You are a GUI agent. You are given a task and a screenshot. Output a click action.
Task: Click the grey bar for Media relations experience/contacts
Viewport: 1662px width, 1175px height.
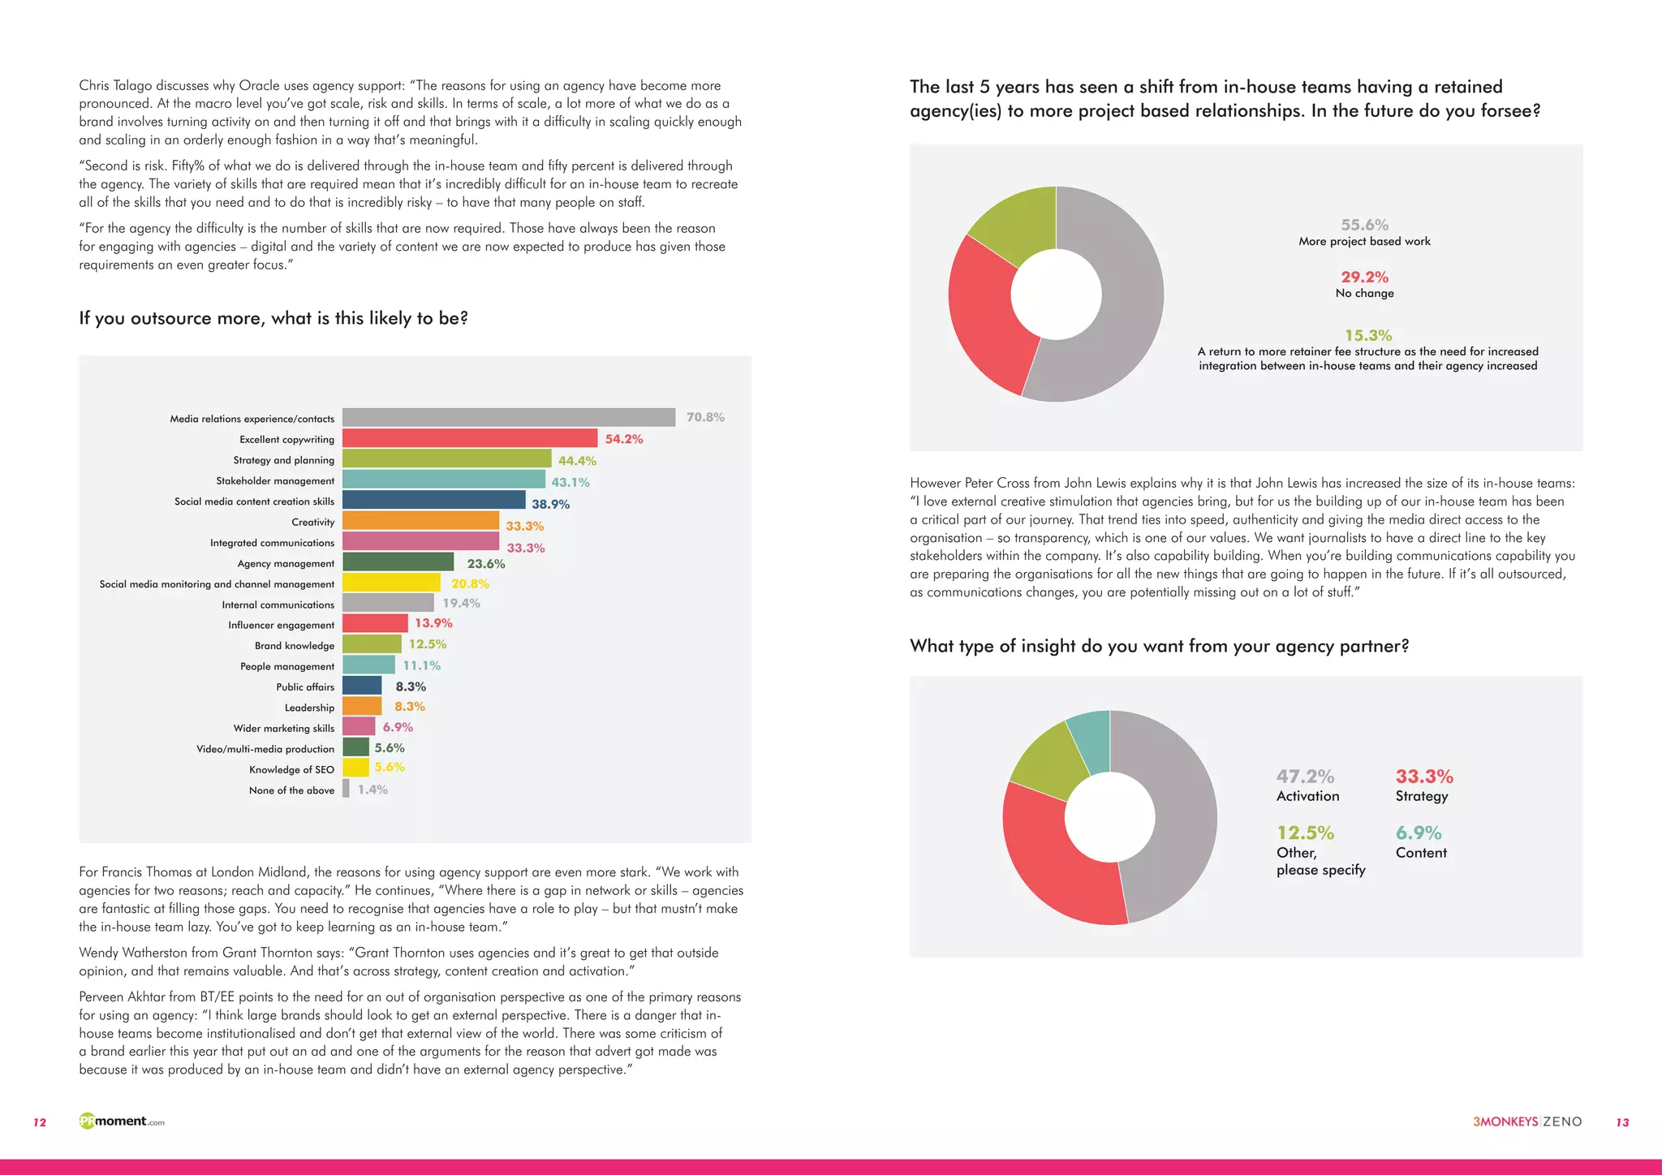(509, 417)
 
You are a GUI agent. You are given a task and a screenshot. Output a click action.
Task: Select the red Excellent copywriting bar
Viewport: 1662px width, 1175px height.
(470, 438)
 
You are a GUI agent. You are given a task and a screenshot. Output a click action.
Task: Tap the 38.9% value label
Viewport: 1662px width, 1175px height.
(550, 504)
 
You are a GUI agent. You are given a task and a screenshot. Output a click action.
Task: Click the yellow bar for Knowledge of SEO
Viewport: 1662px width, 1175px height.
(355, 768)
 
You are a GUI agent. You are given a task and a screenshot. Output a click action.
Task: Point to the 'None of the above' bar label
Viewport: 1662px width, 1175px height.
(291, 790)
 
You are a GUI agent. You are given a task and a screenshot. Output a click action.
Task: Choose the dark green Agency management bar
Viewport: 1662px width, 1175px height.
(398, 562)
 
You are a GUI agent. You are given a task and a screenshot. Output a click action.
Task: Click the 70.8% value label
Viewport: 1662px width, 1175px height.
(705, 417)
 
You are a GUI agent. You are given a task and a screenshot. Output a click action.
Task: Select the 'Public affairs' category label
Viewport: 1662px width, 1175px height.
(305, 687)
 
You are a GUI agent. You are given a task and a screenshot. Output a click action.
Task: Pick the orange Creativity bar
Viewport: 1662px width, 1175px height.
(420, 521)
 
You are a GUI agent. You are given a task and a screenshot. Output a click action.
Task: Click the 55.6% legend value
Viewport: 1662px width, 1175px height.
(1364, 225)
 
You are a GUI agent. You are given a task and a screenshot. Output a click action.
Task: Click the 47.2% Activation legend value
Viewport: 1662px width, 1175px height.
(1305, 777)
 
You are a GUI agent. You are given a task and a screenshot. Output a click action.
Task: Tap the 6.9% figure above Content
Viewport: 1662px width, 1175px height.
(1418, 833)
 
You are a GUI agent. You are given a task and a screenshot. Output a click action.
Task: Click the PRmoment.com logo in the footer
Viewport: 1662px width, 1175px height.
(122, 1121)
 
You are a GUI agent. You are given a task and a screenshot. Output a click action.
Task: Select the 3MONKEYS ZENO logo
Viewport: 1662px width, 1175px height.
(1527, 1121)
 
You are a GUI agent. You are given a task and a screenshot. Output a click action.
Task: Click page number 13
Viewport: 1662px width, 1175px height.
(1622, 1122)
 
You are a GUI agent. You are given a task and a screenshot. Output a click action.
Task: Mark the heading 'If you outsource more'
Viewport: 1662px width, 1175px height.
(273, 318)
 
